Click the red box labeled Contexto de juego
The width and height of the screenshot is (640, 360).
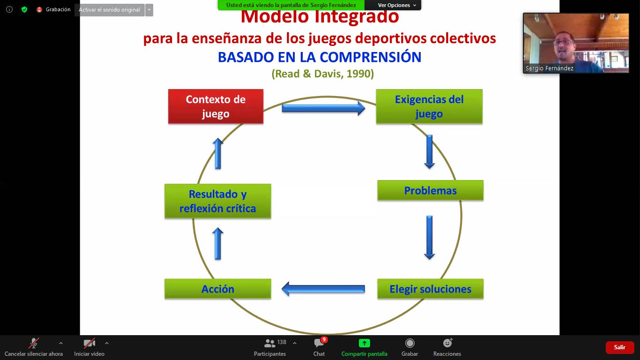pyautogui.click(x=216, y=106)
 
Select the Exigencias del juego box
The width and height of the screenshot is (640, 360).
pyautogui.click(x=429, y=106)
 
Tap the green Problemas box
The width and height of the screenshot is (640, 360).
pyautogui.click(x=430, y=190)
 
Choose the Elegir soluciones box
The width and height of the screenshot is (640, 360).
pyautogui.click(x=430, y=289)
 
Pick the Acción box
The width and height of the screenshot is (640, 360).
pyautogui.click(x=218, y=289)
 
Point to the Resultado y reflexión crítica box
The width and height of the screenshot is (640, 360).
pyautogui.click(x=218, y=201)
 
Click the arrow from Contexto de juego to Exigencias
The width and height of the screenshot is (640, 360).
pyautogui.click(x=323, y=108)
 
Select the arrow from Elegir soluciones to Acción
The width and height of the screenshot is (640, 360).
pyautogui.click(x=323, y=289)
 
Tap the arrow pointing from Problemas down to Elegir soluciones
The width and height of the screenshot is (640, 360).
pyautogui.click(x=430, y=238)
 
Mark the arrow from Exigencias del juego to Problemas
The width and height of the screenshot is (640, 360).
pyautogui.click(x=430, y=151)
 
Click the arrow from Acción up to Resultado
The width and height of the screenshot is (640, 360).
pyautogui.click(x=218, y=244)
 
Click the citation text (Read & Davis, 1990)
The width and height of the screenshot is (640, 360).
pyautogui.click(x=322, y=74)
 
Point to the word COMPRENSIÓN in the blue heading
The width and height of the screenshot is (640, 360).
pyautogui.click(x=370, y=57)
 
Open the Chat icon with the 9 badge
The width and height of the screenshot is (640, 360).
pyautogui.click(x=319, y=343)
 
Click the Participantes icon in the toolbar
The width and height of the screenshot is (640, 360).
pyautogui.click(x=269, y=343)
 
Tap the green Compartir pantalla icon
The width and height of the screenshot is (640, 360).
pyautogui.click(x=365, y=343)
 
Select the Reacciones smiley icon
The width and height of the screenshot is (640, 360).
pyautogui.click(x=447, y=343)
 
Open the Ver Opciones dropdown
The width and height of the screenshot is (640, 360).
pyautogui.click(x=396, y=5)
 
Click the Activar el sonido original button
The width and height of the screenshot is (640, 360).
pyautogui.click(x=110, y=10)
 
